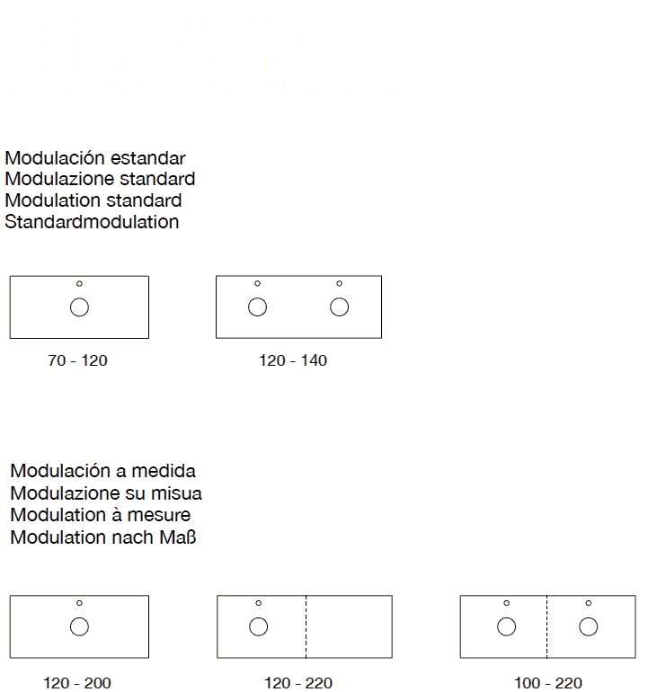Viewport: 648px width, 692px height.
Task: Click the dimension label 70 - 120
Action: [77, 361]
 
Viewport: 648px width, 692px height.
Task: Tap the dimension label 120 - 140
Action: [294, 361]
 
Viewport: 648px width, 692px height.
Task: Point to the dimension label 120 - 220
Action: [299, 684]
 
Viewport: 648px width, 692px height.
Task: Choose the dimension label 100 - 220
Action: [548, 684]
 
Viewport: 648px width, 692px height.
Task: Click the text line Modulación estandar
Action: [95, 158]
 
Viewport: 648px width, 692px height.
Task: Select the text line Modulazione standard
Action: [100, 179]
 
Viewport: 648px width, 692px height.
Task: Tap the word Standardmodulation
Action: [93, 221]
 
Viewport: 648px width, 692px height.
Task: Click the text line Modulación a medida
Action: [102, 472]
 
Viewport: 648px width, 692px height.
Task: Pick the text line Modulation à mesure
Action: [101, 516]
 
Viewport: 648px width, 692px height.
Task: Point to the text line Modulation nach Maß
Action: [105, 537]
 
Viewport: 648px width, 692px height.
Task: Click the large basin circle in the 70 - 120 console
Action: [79, 307]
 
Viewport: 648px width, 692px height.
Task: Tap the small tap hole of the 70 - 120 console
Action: [79, 284]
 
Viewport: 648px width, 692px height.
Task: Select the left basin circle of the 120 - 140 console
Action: [257, 307]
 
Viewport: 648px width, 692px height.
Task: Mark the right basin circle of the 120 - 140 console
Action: [339, 307]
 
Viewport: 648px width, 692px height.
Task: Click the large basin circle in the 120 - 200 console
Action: [79, 626]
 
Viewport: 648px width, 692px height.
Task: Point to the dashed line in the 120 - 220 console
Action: [306, 626]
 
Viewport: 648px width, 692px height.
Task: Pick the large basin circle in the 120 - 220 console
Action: [258, 626]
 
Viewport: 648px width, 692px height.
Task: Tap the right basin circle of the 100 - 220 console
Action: [588, 626]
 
